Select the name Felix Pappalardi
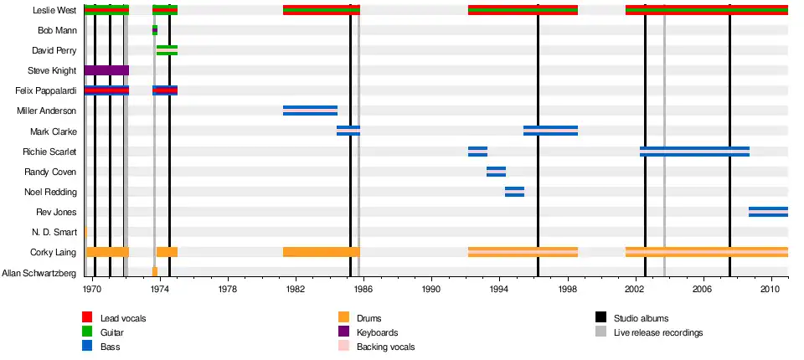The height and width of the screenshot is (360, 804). [46, 90]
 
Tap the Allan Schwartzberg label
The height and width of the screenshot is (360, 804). [39, 272]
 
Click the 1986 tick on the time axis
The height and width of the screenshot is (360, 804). [363, 289]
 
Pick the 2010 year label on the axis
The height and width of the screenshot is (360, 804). [770, 289]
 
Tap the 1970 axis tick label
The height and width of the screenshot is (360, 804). [92, 289]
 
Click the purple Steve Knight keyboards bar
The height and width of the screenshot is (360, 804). [106, 70]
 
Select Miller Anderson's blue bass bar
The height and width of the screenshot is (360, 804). [310, 111]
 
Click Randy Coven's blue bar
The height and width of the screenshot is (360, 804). [496, 172]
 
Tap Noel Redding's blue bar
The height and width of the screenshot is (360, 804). [514, 192]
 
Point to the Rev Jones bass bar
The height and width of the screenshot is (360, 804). [768, 212]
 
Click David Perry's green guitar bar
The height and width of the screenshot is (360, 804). [167, 50]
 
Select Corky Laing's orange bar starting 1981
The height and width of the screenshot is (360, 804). [321, 252]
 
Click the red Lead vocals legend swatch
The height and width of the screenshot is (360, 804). [87, 317]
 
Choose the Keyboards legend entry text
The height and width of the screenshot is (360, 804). [378, 332]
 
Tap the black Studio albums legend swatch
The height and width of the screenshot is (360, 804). [600, 317]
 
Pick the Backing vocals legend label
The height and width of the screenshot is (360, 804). [385, 347]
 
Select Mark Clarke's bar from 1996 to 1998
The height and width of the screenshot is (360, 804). [550, 131]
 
